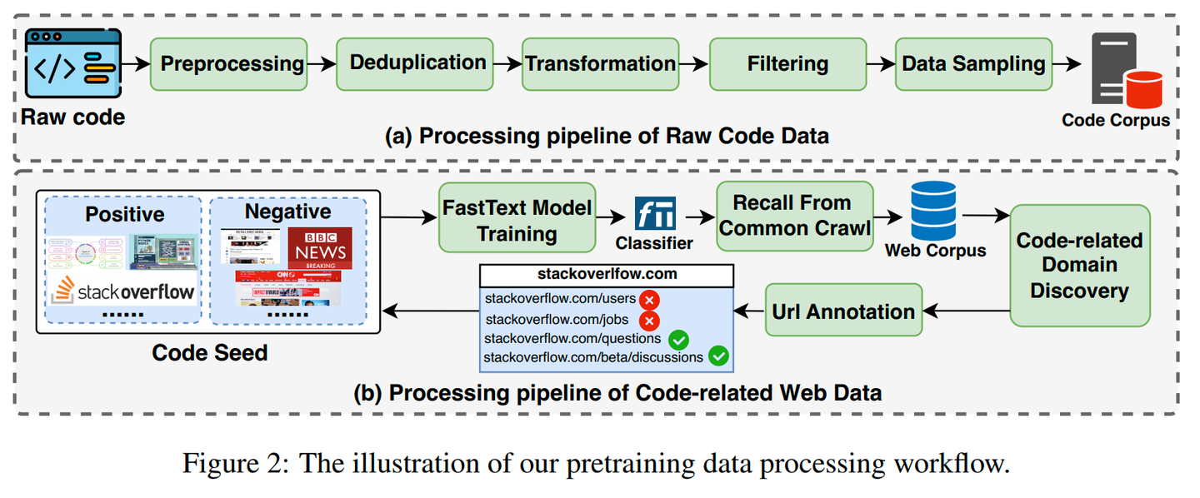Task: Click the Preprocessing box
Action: click(x=231, y=63)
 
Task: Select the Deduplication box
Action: click(x=417, y=63)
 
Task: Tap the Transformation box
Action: click(x=601, y=63)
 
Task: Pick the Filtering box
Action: click(x=787, y=63)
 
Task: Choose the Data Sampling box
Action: click(x=973, y=63)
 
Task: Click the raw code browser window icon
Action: click(x=73, y=66)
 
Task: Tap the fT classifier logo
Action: click(x=654, y=214)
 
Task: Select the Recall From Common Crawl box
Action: click(x=792, y=217)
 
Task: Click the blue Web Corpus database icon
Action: click(x=933, y=211)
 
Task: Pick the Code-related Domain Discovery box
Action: click(x=1080, y=266)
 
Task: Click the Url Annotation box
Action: click(x=843, y=311)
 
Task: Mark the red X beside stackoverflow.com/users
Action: click(x=649, y=300)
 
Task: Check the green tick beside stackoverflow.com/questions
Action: click(x=678, y=339)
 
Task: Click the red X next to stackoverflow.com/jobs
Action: click(x=649, y=320)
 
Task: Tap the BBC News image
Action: click(x=320, y=247)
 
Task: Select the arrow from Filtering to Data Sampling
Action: click(x=879, y=63)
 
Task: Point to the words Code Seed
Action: click(x=209, y=352)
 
